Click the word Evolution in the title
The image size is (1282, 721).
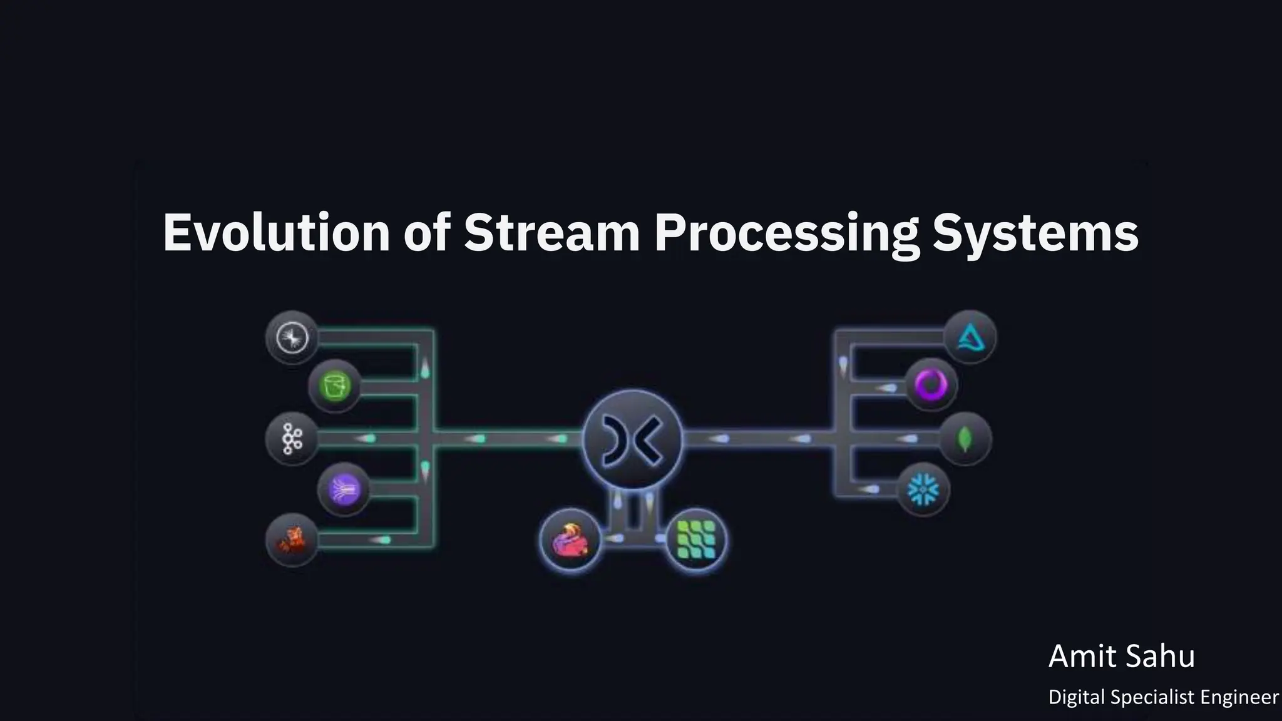pyautogui.click(x=276, y=233)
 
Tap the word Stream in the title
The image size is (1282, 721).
pyautogui.click(x=551, y=233)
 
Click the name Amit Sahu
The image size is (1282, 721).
pyautogui.click(x=1121, y=657)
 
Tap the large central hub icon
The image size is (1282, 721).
pyautogui.click(x=632, y=439)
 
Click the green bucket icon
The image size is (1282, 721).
pyautogui.click(x=335, y=385)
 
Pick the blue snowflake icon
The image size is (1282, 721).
pyautogui.click(x=923, y=489)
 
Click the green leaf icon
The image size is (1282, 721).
pyautogui.click(x=965, y=439)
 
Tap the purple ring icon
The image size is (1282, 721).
pyautogui.click(x=931, y=384)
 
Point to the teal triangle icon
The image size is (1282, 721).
pyautogui.click(x=970, y=338)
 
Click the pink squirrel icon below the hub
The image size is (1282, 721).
pyautogui.click(x=570, y=539)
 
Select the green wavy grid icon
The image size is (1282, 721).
pyautogui.click(x=696, y=539)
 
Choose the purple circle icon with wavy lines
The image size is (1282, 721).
pyautogui.click(x=344, y=489)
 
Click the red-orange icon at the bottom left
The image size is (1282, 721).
pyautogui.click(x=292, y=539)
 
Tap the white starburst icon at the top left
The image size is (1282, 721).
pyautogui.click(x=292, y=339)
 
